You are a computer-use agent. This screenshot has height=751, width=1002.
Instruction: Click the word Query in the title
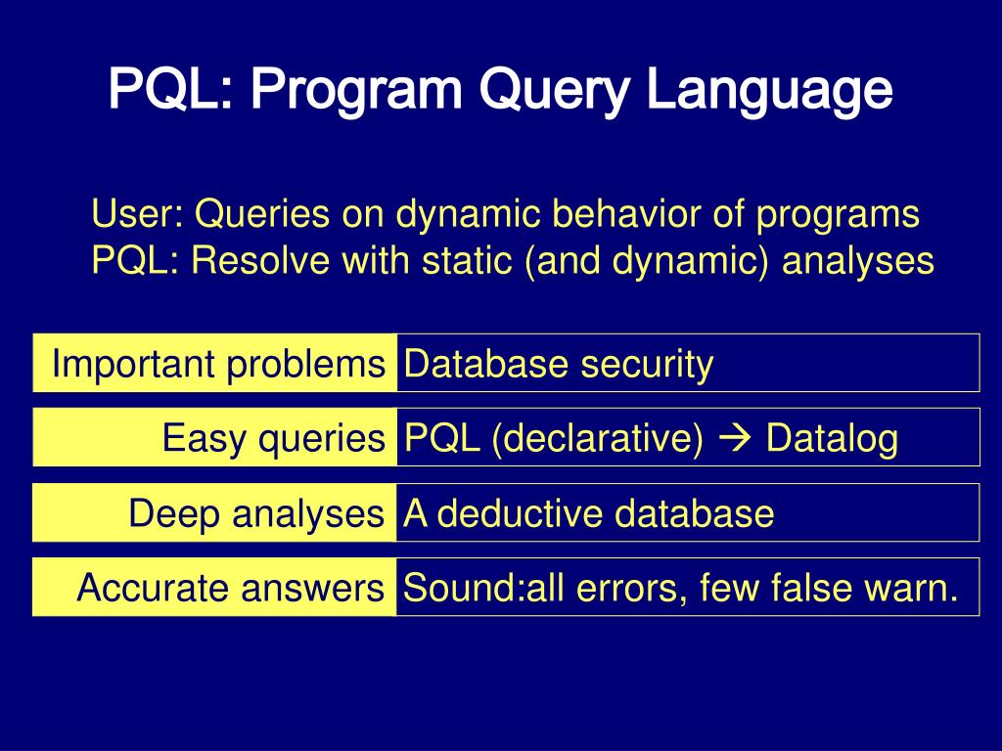click(x=554, y=90)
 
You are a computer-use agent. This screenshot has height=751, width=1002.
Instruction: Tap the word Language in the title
click(x=769, y=90)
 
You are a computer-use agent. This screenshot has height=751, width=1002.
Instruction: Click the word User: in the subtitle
click(x=137, y=213)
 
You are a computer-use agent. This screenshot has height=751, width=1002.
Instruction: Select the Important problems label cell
click(x=214, y=362)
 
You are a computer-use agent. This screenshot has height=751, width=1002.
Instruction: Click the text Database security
click(x=559, y=365)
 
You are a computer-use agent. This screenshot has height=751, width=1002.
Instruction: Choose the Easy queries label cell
click(x=214, y=437)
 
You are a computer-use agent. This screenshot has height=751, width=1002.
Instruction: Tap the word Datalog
click(x=832, y=439)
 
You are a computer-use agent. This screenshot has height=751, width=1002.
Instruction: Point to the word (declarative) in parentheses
click(x=598, y=440)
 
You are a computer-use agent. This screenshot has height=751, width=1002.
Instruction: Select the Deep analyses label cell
click(x=214, y=512)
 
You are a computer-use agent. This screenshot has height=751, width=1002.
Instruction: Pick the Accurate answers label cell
click(x=214, y=587)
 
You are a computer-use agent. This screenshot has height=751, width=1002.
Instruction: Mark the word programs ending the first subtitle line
click(x=838, y=215)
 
